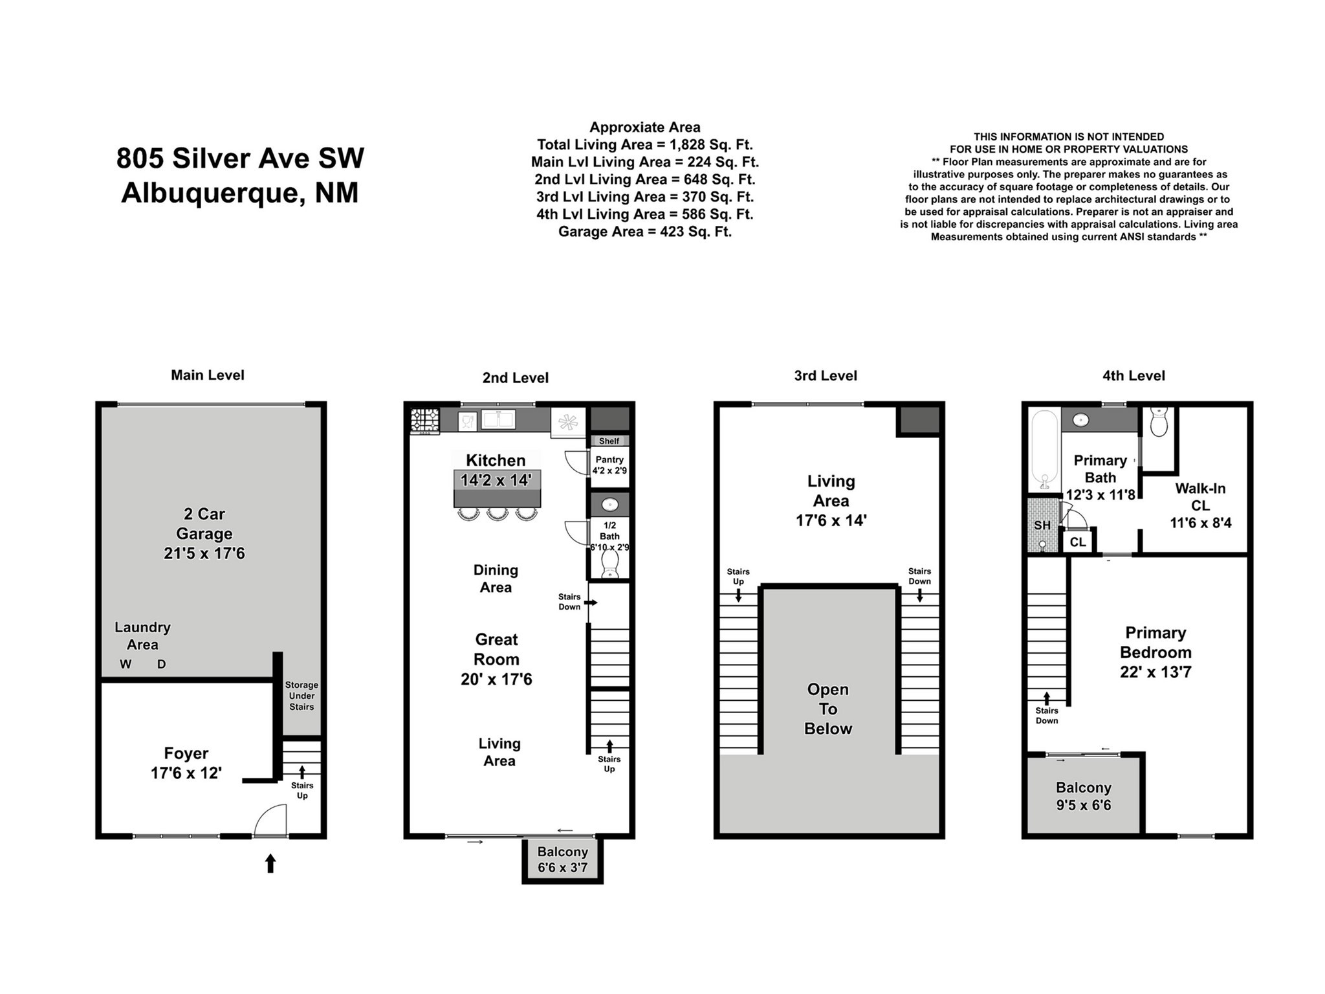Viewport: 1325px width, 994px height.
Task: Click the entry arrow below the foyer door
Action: click(270, 863)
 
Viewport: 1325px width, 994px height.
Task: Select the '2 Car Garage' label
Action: click(204, 533)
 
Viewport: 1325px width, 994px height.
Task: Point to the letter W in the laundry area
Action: click(126, 664)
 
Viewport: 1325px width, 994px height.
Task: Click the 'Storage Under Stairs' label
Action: click(301, 696)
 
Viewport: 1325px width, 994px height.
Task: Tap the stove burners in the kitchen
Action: click(424, 420)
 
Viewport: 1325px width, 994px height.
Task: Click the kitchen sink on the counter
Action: click(498, 419)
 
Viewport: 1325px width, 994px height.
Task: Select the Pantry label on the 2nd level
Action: click(609, 459)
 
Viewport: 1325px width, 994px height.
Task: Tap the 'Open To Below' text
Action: click(828, 709)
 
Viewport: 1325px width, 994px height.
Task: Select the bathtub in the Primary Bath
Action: click(1044, 450)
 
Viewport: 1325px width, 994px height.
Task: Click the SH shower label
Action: click(1042, 525)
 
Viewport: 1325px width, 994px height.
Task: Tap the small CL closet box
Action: click(1078, 542)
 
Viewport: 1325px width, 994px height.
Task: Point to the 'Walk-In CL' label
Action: click(1200, 497)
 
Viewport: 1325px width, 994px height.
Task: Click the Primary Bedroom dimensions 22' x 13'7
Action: click(1155, 672)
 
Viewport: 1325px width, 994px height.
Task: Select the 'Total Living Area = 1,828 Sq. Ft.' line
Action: click(645, 144)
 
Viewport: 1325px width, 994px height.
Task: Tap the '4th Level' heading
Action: click(1133, 375)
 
